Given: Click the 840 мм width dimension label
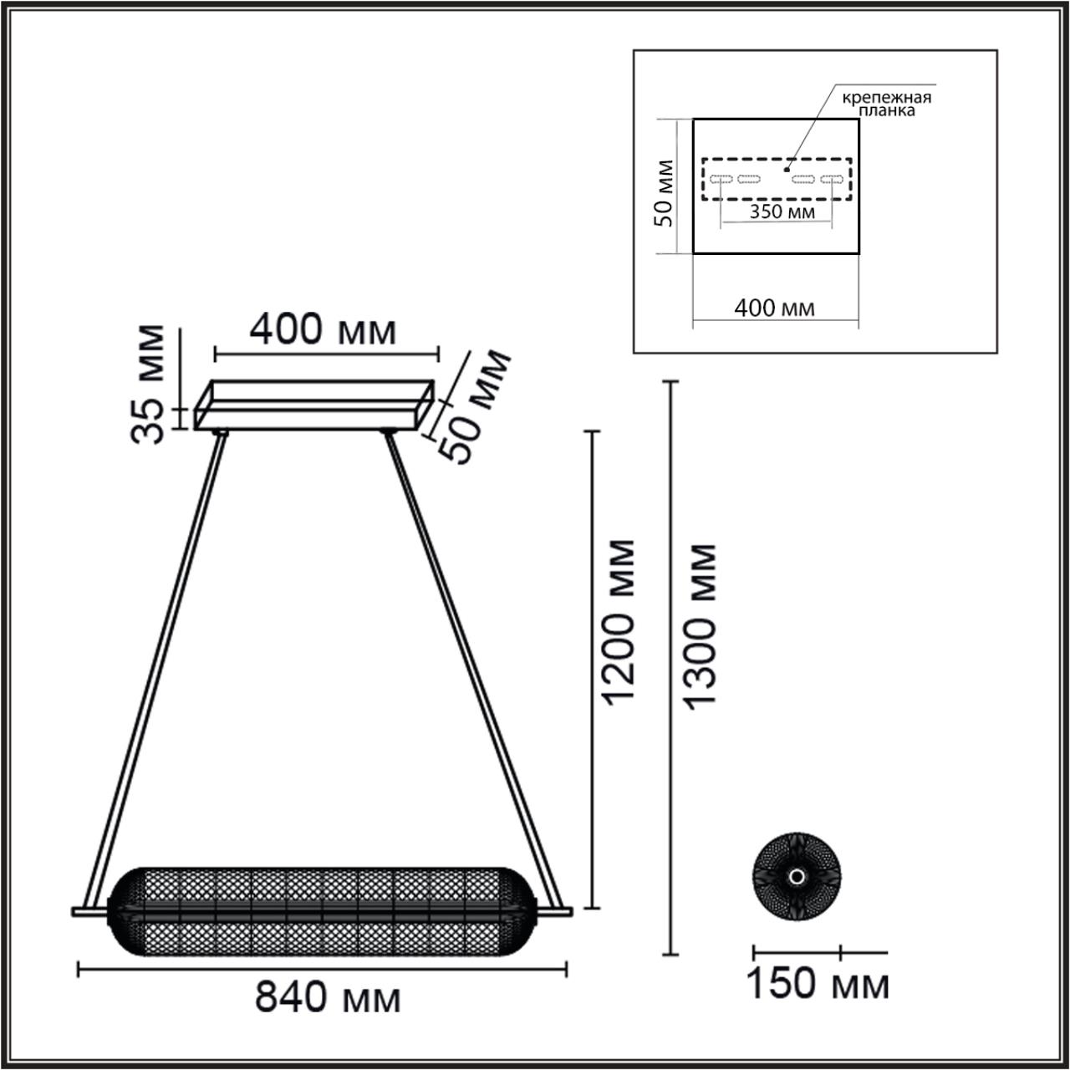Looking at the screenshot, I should coord(327,997).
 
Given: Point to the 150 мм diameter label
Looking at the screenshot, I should coord(817,984).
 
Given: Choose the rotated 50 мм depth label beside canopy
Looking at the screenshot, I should coord(476,407).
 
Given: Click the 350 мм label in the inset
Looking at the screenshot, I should coord(781,211).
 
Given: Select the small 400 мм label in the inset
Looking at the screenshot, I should coord(774,308).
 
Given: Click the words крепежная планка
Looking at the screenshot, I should coord(886,104).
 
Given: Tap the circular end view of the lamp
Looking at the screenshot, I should coord(797,876).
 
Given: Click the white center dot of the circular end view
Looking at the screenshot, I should coord(797,876).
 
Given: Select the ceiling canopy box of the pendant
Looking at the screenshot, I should coord(315,405).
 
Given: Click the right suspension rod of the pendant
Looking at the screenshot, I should coord(472,669).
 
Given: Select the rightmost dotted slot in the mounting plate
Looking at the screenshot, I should coord(831,179).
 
